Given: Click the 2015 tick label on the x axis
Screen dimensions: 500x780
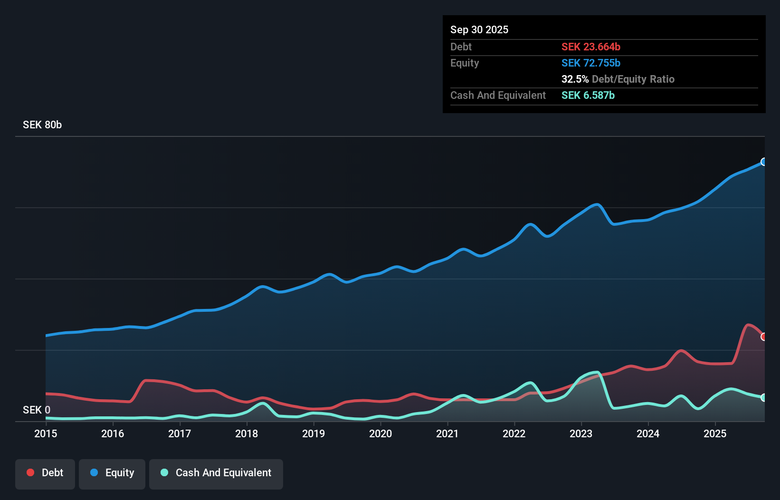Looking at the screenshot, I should point(46,433).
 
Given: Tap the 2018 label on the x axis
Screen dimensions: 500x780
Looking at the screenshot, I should point(247,433).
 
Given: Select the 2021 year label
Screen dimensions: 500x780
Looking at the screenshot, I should point(447,433).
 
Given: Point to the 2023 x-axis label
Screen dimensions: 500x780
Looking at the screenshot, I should point(581,433).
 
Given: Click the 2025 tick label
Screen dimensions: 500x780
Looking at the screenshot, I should point(715,433).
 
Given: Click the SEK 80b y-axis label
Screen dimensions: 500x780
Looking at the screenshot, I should point(42,125).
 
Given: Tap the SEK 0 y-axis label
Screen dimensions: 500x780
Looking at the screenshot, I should point(37,410).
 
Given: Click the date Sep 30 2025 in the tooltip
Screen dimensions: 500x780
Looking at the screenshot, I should point(479,29).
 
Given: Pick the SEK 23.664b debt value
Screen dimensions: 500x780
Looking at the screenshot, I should point(591,47).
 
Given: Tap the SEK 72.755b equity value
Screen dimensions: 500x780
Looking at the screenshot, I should point(591,63).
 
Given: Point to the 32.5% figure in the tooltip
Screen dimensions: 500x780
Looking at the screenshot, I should point(575,79).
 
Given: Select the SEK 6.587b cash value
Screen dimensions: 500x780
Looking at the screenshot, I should point(588,95).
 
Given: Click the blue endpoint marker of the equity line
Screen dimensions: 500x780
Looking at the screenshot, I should point(763,162).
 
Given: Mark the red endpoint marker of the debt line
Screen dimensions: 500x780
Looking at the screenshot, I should point(763,337).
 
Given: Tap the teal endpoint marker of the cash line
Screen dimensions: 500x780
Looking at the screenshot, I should point(763,397).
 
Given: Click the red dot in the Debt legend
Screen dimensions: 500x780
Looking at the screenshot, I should point(30,472).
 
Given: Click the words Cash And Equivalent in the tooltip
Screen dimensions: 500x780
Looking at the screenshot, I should point(498,95).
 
